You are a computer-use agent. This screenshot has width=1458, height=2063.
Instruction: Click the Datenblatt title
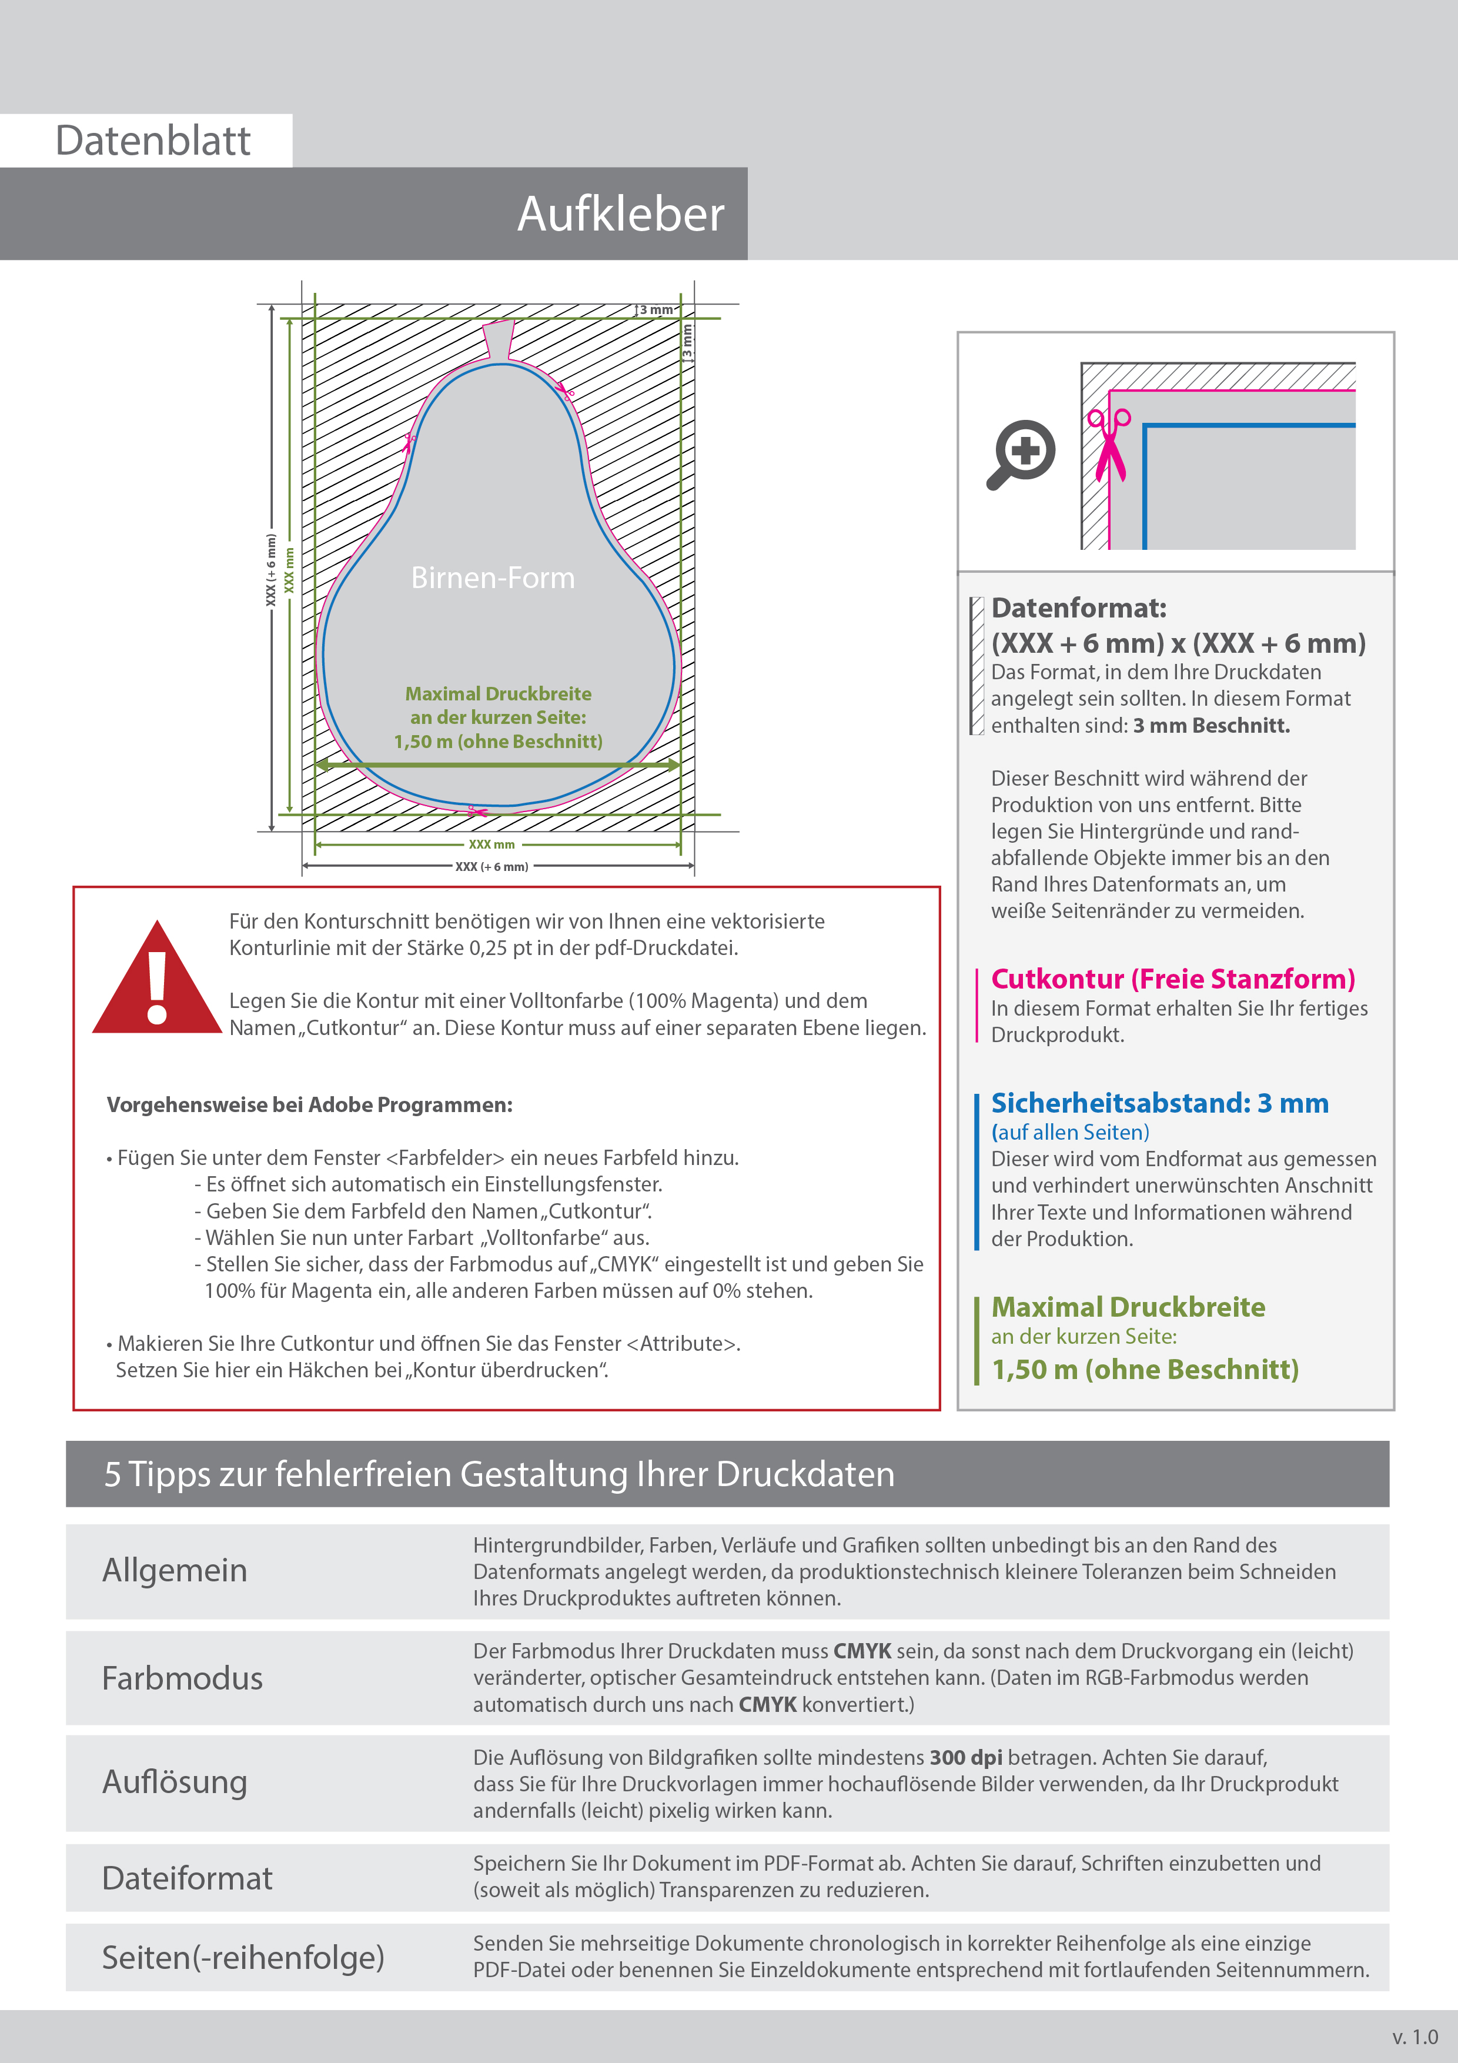point(153,141)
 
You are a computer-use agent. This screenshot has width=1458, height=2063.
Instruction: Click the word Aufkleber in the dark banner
point(620,215)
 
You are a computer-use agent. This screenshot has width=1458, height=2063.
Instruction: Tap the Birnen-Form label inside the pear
point(492,577)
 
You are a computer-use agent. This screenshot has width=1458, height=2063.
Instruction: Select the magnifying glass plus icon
point(1022,452)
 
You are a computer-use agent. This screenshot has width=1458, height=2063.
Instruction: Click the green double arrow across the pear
point(498,765)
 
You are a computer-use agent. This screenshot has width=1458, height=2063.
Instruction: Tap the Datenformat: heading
point(1078,608)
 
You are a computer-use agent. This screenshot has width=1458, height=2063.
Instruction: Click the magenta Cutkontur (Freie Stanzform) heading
point(1172,979)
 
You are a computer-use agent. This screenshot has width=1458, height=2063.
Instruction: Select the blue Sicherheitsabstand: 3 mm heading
point(1159,1103)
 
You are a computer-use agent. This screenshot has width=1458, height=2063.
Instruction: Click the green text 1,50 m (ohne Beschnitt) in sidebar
point(1145,1369)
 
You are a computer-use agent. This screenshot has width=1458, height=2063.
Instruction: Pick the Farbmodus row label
point(182,1678)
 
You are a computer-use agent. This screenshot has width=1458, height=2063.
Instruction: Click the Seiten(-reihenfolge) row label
point(243,1957)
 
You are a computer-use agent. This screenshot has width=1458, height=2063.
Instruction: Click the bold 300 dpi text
point(966,1758)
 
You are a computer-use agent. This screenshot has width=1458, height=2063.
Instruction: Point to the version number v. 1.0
point(1415,2037)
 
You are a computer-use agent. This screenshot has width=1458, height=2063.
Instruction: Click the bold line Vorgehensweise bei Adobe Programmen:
point(310,1105)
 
